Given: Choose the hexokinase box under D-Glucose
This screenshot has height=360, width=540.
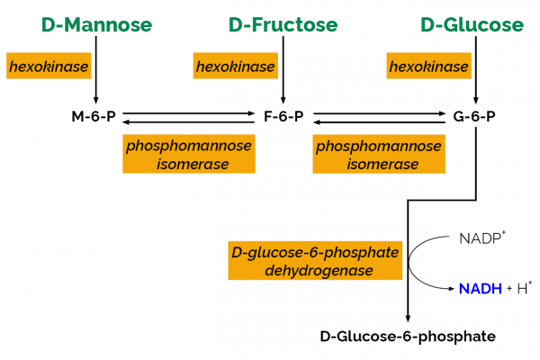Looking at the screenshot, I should click(x=428, y=67).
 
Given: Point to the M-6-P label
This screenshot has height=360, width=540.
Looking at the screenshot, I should click(x=93, y=117).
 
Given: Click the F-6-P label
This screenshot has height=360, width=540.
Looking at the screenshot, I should click(x=283, y=117).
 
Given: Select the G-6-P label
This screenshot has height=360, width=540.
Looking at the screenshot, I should click(x=473, y=117).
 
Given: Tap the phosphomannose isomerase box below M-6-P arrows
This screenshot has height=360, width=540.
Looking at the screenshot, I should click(x=177, y=154).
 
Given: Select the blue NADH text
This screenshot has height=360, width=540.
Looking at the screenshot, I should click(x=480, y=288).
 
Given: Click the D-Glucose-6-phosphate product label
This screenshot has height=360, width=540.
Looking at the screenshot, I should click(x=408, y=337).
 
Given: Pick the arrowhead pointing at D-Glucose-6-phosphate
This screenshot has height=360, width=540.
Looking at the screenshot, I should click(x=409, y=316).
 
